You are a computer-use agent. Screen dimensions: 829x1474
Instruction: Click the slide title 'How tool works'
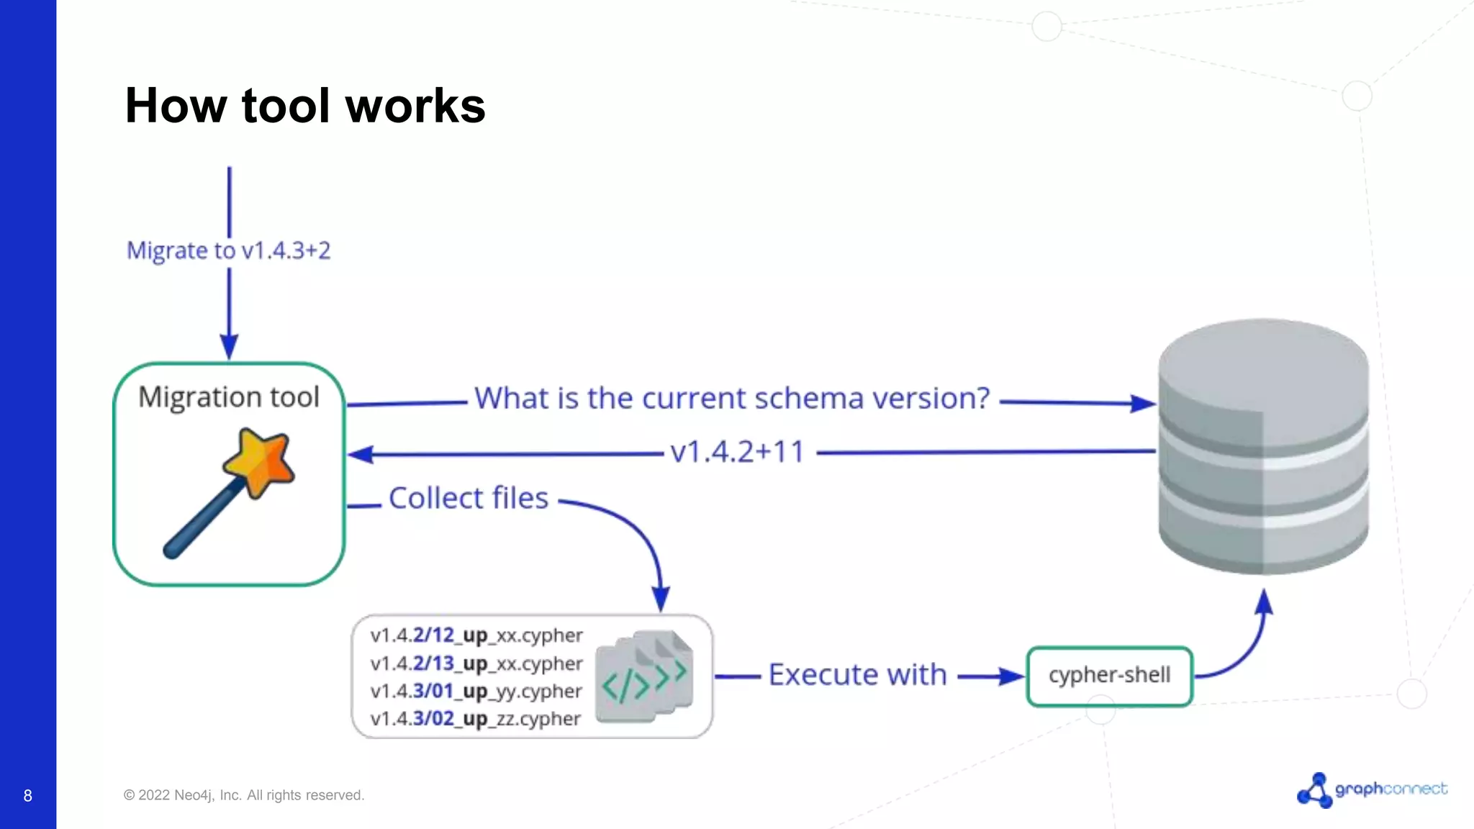pyautogui.click(x=305, y=106)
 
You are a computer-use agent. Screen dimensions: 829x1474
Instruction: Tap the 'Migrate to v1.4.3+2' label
pyautogui.click(x=228, y=250)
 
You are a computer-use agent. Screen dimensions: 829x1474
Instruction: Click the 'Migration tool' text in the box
pyautogui.click(x=228, y=397)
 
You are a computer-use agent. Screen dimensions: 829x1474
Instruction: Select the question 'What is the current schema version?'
pyautogui.click(x=732, y=398)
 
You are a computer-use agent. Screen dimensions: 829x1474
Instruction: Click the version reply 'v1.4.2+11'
pyautogui.click(x=737, y=452)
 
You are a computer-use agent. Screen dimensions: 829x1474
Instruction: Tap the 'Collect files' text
pyautogui.click(x=469, y=498)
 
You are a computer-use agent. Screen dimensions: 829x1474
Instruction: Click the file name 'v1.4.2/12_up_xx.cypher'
pyautogui.click(x=476, y=635)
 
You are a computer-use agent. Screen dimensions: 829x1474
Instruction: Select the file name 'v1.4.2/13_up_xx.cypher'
pyautogui.click(x=476, y=663)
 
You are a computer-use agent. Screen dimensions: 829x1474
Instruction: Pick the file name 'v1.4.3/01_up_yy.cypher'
pyautogui.click(x=476, y=691)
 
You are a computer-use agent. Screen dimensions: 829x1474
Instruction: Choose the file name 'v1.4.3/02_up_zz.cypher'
pyautogui.click(x=475, y=719)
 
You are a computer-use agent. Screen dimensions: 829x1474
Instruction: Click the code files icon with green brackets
pyautogui.click(x=645, y=676)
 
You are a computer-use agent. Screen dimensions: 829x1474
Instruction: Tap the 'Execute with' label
pyautogui.click(x=857, y=675)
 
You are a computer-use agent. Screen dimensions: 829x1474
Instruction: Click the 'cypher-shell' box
pyautogui.click(x=1109, y=676)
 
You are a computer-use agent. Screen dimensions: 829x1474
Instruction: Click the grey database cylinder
pyautogui.click(x=1263, y=446)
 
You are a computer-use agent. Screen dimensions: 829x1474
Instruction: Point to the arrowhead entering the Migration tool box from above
pyautogui.click(x=229, y=347)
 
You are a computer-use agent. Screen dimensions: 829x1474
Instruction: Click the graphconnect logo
pyautogui.click(x=1371, y=789)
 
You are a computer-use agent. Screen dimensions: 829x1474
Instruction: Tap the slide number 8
pyautogui.click(x=27, y=796)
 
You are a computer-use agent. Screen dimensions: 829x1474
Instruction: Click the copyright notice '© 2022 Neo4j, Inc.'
pyautogui.click(x=244, y=795)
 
